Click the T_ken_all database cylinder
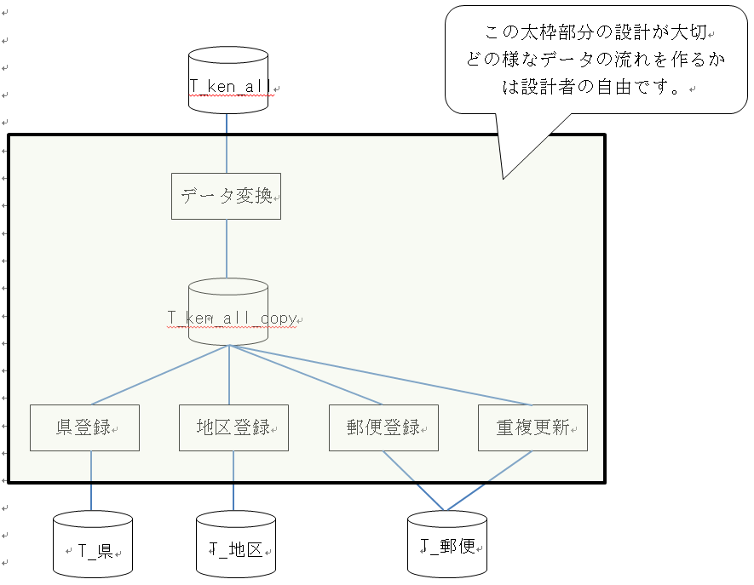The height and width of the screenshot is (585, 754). [227, 80]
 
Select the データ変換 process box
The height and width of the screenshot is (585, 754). [226, 196]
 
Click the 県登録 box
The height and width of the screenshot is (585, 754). [84, 427]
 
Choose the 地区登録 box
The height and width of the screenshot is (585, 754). [233, 427]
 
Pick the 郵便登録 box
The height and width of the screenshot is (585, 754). [383, 427]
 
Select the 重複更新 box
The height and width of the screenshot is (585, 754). [532, 427]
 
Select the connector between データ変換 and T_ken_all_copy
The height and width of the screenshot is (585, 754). [227, 249]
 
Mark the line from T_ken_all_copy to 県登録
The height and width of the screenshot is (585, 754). [160, 375]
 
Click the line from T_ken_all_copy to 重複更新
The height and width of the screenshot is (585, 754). [379, 375]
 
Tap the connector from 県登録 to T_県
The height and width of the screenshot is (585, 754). [91, 481]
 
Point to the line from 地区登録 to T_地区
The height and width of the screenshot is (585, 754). [233, 481]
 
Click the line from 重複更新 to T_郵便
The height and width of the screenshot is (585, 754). [488, 481]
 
